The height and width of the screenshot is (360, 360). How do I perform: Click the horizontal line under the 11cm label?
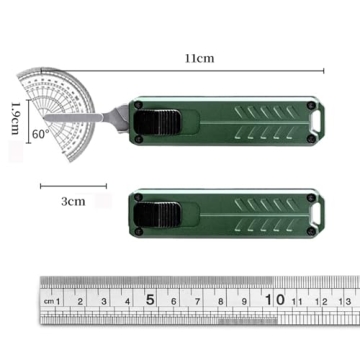[x=200, y=70]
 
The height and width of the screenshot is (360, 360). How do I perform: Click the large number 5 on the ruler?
[x=150, y=298]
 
